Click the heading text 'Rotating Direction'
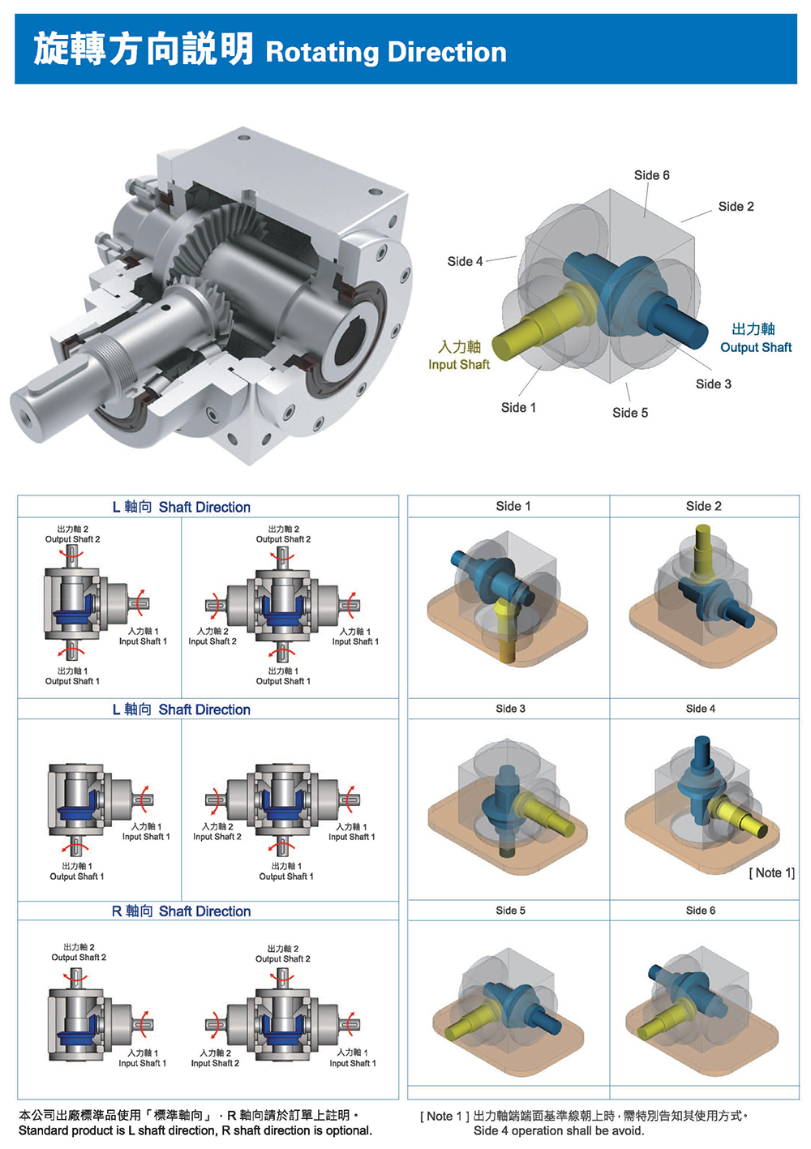click(x=386, y=53)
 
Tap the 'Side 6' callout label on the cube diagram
click(x=651, y=175)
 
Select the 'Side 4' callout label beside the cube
click(x=465, y=262)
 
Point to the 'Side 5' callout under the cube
click(x=630, y=413)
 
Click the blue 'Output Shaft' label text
click(x=756, y=347)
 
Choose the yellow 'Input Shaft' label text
click(x=458, y=365)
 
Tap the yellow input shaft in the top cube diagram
click(x=539, y=324)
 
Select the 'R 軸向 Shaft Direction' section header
click(x=181, y=911)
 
